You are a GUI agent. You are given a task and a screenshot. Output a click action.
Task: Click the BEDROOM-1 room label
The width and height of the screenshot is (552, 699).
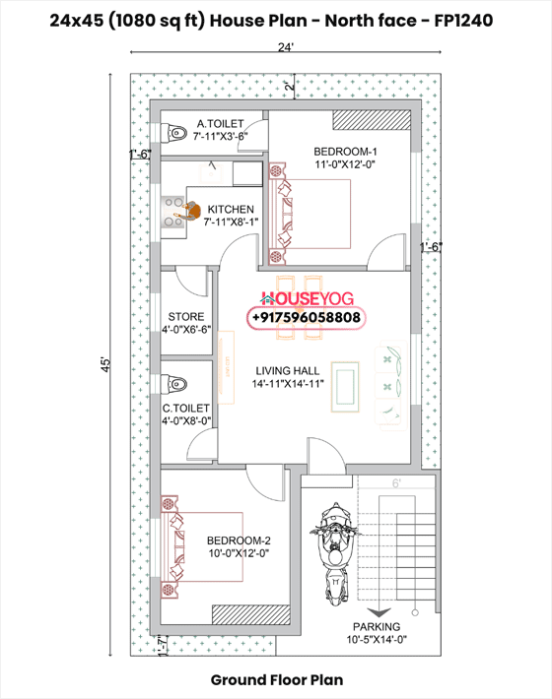point(345,151)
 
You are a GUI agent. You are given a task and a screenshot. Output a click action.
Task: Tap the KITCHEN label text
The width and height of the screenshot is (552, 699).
point(231,210)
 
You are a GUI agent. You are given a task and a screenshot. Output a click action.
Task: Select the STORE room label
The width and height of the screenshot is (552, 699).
point(186,317)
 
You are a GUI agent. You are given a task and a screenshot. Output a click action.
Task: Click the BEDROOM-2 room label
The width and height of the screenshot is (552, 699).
point(239,541)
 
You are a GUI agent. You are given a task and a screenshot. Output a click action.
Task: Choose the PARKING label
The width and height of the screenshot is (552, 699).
point(379,626)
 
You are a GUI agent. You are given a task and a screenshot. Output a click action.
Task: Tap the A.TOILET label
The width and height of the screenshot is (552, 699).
point(219,123)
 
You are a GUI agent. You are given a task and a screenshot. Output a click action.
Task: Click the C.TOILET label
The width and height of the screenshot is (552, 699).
point(186,408)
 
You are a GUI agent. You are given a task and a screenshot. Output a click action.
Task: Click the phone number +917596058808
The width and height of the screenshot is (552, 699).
point(307,319)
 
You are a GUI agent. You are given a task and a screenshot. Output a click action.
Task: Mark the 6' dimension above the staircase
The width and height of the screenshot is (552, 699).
point(396,483)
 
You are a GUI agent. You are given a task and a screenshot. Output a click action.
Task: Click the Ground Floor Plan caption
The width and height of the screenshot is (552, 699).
point(276,679)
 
